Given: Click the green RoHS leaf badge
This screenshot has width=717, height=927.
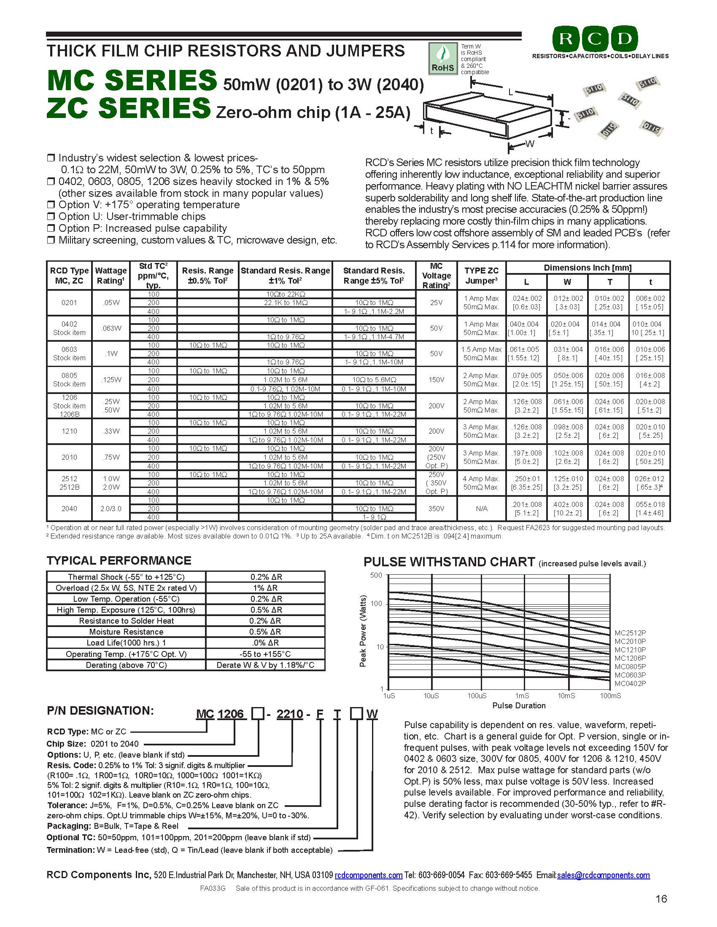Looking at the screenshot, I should pos(442,58).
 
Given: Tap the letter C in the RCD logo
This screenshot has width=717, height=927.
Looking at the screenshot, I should pos(595,39).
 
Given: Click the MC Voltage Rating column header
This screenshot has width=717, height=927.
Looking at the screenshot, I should pos(436,276).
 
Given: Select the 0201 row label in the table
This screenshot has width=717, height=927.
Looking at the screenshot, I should pos(69,303).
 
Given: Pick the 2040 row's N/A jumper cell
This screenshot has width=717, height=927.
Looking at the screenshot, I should pos(481,509).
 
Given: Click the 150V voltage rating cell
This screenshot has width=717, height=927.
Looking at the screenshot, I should pos(436,380).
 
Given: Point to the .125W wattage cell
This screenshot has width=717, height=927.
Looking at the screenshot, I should pos(111,380).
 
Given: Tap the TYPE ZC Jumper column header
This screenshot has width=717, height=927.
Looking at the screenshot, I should pos(481,276).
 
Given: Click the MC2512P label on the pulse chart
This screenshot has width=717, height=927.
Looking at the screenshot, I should pos(630,633).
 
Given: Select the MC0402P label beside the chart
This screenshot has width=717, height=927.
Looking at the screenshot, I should pos(630,684).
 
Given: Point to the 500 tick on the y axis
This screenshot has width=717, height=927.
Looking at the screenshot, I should pos(376,576).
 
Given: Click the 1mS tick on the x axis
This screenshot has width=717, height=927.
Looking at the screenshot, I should pos(522,696).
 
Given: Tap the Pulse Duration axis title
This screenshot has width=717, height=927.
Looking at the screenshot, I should pos(519,706).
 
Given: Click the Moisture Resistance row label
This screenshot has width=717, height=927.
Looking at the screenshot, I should pos(126,632).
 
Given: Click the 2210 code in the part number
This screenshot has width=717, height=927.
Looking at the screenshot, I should pos(290,715).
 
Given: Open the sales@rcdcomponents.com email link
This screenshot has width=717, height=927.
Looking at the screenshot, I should pos(603,875).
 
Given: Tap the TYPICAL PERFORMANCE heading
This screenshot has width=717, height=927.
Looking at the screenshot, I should pos(119,561).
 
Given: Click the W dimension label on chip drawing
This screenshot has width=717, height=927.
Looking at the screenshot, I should pos(530,144).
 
